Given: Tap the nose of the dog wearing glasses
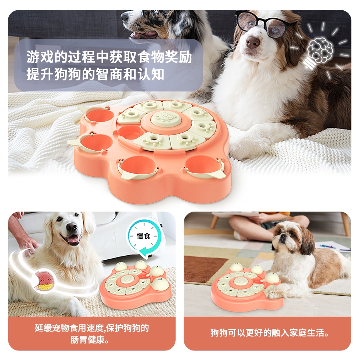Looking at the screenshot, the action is click(x=252, y=42).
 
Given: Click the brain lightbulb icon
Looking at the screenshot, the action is click(x=320, y=52).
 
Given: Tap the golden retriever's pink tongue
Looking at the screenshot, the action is click(x=73, y=240).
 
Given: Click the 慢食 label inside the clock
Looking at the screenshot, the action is click(x=144, y=236).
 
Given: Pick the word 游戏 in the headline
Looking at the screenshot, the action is click(x=40, y=57).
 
